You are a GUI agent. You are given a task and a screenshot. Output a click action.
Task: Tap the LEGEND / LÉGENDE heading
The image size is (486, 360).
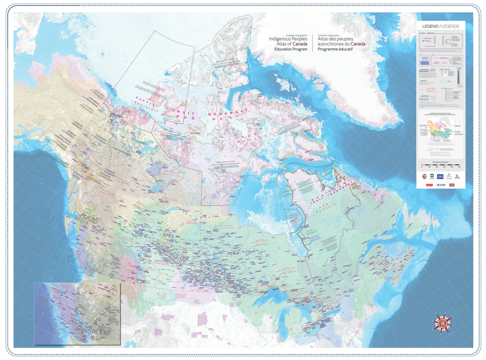[441, 26]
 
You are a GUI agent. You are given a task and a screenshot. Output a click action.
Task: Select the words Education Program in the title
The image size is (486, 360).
[288, 49]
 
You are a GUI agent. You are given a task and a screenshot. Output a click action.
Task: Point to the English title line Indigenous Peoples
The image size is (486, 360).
[288, 38]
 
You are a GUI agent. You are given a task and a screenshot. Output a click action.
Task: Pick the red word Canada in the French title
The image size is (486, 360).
[358, 44]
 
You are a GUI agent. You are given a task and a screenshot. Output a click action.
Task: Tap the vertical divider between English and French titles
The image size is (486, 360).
[312, 42]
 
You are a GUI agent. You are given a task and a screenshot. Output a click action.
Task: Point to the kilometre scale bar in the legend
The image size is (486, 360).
[441, 165]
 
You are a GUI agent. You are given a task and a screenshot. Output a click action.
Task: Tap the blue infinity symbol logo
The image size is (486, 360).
[440, 177]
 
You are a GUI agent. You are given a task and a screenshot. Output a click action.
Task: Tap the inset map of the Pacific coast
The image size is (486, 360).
[77, 313]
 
